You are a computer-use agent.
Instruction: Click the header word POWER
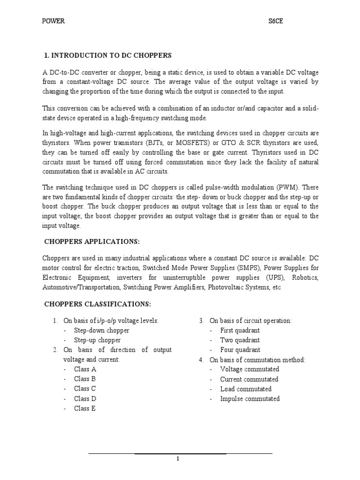(x=53, y=21)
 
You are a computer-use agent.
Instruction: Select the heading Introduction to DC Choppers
(x=108, y=55)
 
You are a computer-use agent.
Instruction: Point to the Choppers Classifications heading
(x=97, y=304)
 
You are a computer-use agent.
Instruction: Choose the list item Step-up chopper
(x=97, y=340)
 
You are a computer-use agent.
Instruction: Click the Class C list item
(x=85, y=389)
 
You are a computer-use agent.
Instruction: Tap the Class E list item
(x=85, y=408)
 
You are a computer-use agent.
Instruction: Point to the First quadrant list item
(x=240, y=330)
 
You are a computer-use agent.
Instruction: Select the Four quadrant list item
(x=240, y=350)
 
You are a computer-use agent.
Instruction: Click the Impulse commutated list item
(x=250, y=398)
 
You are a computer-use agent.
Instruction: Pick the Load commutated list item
(x=246, y=389)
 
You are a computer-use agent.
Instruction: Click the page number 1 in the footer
(x=178, y=458)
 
